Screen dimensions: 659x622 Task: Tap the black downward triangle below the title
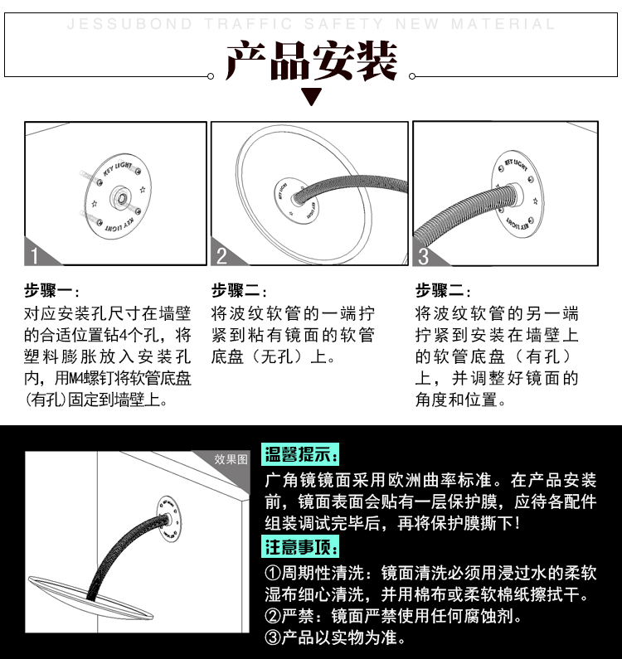311,97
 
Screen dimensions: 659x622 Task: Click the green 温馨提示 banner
301,453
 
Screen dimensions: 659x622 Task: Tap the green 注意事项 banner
301,548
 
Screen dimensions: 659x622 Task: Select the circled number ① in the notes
273,574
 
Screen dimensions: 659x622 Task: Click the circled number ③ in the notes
273,638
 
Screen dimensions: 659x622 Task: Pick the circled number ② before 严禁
273,617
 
